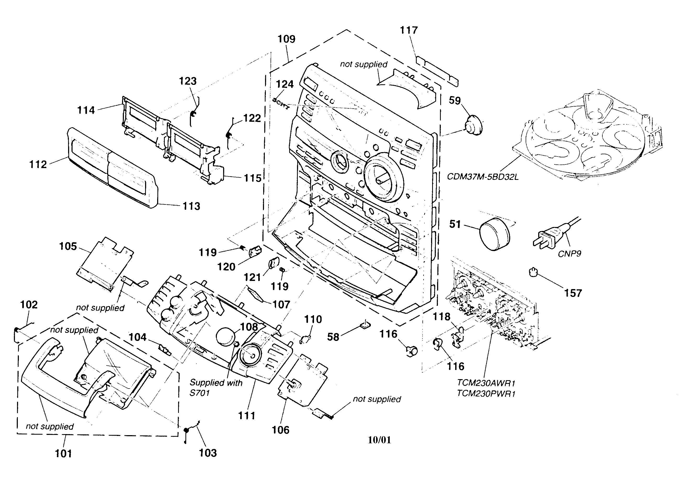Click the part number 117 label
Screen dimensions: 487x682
pos(409,30)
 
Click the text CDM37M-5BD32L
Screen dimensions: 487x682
pos(482,177)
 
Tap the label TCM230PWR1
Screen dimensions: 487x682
pos(486,394)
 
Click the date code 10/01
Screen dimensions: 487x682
pos(379,440)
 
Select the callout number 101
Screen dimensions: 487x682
pos(63,453)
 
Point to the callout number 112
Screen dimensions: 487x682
pos(38,164)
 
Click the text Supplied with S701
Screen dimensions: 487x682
pos(216,388)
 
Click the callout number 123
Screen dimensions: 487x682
pos(188,81)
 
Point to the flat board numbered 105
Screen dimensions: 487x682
pos(103,263)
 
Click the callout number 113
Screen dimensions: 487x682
pos(191,206)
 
